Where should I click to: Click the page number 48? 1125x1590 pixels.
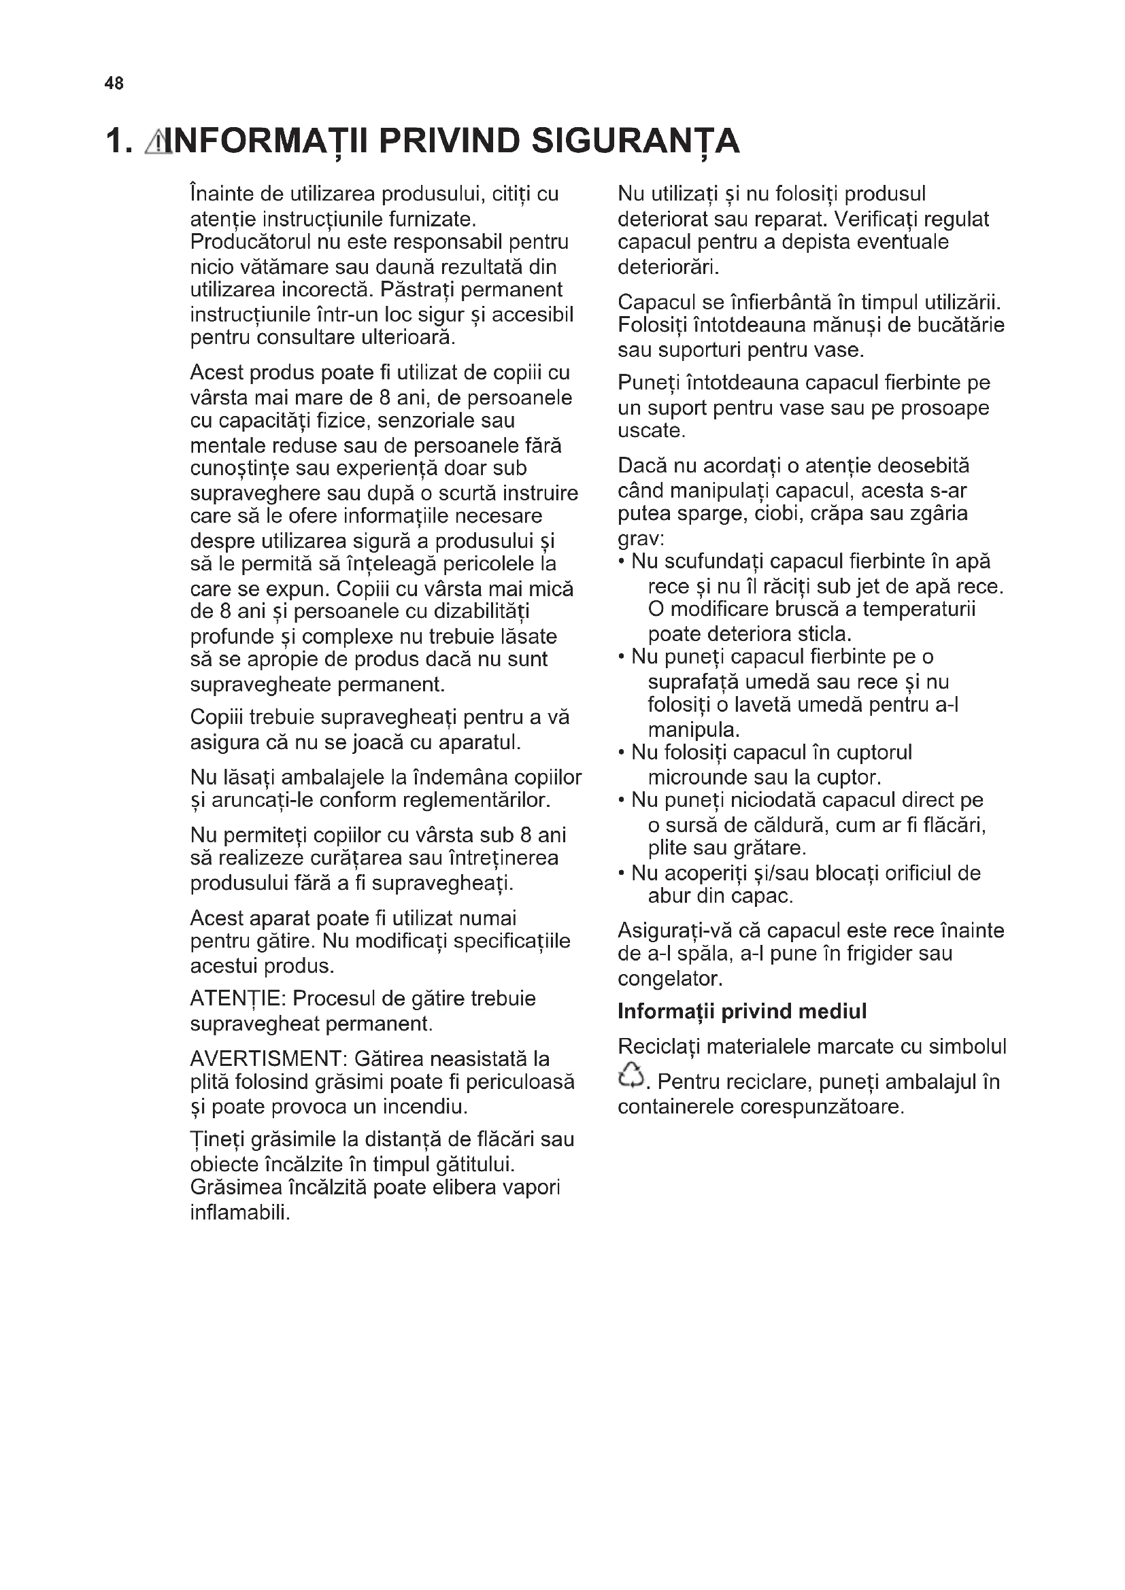pyautogui.click(x=114, y=84)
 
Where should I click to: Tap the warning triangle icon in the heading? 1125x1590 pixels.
pyautogui.click(x=158, y=142)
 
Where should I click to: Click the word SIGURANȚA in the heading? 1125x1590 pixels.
pyautogui.click(x=636, y=142)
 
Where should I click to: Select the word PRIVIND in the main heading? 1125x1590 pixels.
pyautogui.click(x=450, y=141)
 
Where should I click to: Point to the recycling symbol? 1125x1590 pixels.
pyautogui.click(x=630, y=1075)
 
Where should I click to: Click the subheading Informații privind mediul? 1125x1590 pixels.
pyautogui.click(x=742, y=1012)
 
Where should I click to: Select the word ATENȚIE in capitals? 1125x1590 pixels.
pyautogui.click(x=237, y=999)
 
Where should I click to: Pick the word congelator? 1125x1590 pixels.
pyautogui.click(x=669, y=978)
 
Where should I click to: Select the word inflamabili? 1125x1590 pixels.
pyautogui.click(x=239, y=1213)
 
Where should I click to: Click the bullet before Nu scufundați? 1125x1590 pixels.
pyautogui.click(x=622, y=562)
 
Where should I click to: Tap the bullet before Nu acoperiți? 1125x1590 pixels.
pyautogui.click(x=622, y=874)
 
